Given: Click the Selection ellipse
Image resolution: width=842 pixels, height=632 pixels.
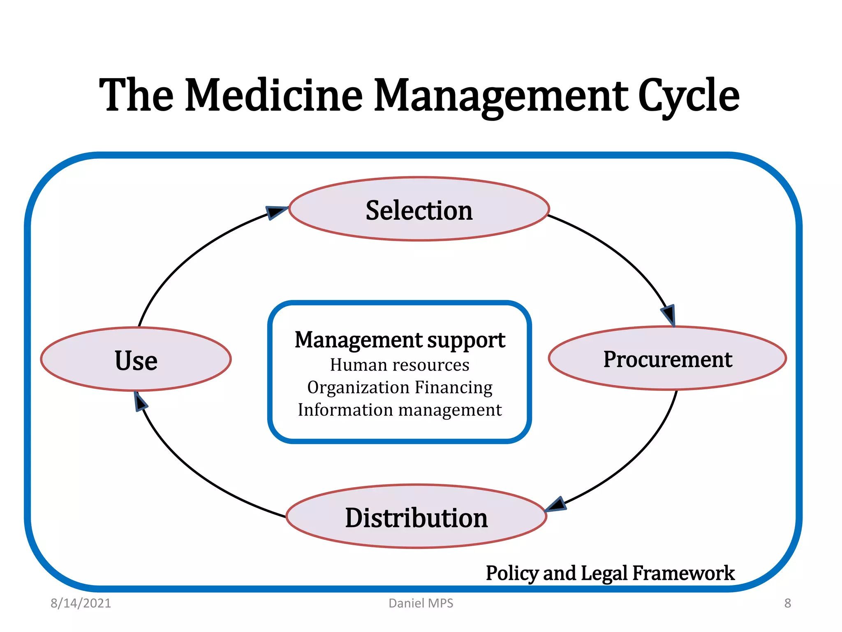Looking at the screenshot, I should (419, 209).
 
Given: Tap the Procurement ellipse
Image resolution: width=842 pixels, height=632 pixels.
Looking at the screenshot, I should (667, 358).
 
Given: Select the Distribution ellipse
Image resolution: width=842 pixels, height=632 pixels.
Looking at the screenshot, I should (416, 517).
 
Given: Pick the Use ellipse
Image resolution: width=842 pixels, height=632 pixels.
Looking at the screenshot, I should (136, 359).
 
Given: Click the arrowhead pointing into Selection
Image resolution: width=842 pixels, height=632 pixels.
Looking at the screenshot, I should (275, 212).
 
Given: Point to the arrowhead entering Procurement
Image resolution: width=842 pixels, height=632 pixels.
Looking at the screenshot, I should (669, 315).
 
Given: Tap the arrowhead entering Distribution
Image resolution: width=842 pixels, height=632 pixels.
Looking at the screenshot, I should (557, 504).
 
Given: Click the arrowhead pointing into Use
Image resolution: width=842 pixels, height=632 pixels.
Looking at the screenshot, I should (140, 402).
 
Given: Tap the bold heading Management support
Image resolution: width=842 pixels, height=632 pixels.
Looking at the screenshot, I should (400, 340).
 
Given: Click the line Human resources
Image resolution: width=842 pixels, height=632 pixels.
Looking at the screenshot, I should (400, 365).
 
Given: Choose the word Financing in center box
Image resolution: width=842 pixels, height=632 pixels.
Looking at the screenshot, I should (453, 388).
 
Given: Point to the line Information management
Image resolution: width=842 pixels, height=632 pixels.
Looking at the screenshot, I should (400, 410).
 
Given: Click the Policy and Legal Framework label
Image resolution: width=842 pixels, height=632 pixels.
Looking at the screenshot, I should (610, 573).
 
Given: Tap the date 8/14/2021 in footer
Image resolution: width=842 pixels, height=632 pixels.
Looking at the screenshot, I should (81, 603).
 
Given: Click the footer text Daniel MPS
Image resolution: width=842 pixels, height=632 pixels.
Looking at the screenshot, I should (421, 603).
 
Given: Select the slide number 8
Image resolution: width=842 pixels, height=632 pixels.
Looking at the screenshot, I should (787, 603).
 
